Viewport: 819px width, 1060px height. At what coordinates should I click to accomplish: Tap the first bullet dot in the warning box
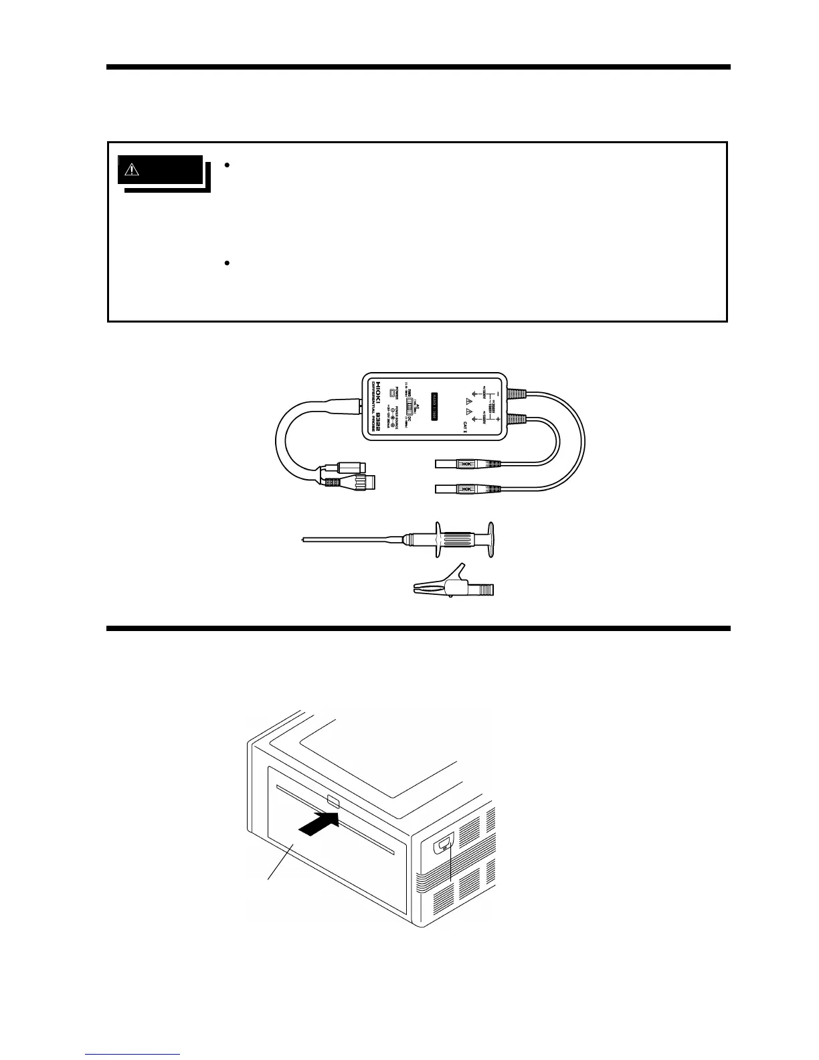click(227, 165)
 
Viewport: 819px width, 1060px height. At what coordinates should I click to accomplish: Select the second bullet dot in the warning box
click(227, 264)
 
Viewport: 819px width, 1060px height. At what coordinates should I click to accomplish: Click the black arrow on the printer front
click(316, 827)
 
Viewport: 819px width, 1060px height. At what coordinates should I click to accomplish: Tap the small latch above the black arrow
click(334, 801)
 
